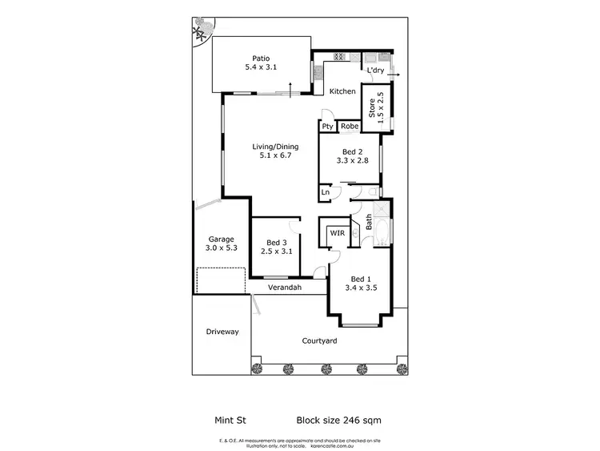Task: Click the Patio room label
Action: [261, 58]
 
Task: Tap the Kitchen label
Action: [343, 91]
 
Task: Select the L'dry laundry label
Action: [376, 71]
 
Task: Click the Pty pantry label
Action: [327, 126]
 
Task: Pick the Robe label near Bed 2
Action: [349, 126]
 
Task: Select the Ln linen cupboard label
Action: [326, 192]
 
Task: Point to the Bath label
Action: [369, 222]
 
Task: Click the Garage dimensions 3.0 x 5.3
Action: [222, 248]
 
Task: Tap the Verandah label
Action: [284, 288]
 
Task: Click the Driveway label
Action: [222, 332]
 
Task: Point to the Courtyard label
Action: [319, 341]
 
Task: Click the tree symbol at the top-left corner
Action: [200, 30]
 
